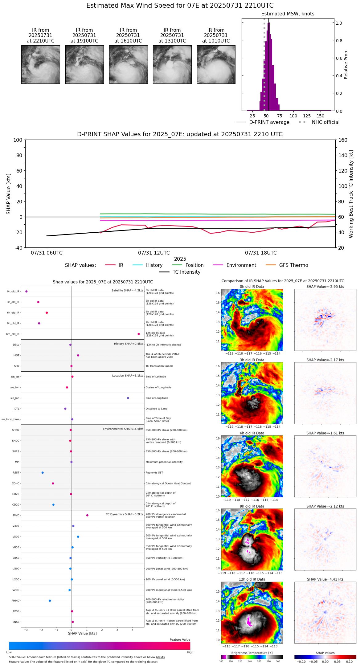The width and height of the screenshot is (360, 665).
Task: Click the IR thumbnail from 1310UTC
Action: click(172, 64)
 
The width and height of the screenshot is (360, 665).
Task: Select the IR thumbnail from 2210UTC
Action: click(40, 64)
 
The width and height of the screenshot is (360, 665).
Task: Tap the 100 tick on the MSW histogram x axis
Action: click(293, 116)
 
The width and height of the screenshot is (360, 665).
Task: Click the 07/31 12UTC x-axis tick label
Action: click(154, 253)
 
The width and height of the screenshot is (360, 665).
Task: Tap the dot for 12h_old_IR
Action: click(139, 334)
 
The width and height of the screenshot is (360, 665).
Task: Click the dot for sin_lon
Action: click(128, 398)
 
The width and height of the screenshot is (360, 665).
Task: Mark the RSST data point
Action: click(43, 473)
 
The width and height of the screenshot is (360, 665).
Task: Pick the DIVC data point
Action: click(87, 515)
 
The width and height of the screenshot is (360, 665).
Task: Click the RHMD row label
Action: click(15, 601)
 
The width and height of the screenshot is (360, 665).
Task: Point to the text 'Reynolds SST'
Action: click(154, 473)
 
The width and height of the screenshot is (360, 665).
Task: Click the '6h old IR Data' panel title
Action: click(252, 433)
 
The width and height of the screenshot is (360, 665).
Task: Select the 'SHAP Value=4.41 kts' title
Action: click(325, 579)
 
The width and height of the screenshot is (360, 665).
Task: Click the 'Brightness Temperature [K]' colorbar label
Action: click(252, 653)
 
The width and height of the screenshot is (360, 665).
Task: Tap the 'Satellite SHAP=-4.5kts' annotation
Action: click(127, 290)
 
